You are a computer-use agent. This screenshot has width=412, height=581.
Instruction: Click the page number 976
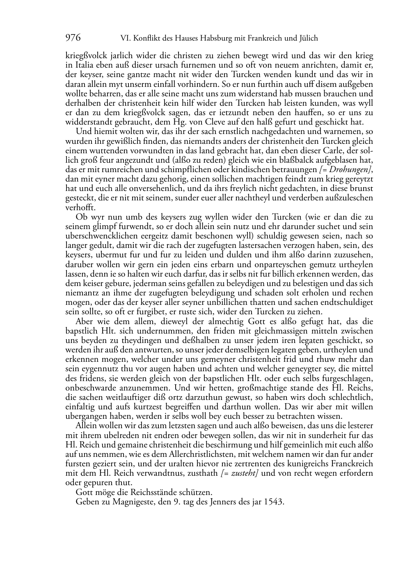(x=73, y=38)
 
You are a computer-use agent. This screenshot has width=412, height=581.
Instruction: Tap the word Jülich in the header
(x=307, y=39)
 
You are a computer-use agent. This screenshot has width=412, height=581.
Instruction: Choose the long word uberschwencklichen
(x=98, y=236)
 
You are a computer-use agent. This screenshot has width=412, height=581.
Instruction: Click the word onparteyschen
(x=244, y=264)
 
